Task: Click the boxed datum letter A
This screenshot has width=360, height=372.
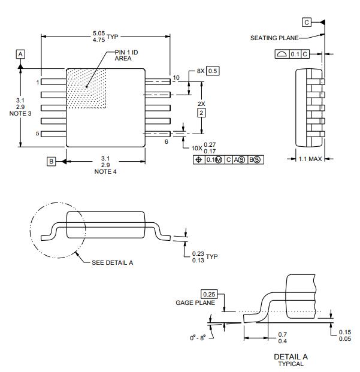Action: (x=20, y=54)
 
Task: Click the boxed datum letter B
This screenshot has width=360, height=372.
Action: (x=52, y=162)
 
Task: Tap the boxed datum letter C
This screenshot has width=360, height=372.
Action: (x=307, y=22)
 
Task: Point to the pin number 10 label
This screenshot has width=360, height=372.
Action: (x=176, y=78)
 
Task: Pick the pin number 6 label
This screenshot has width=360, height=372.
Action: (x=167, y=141)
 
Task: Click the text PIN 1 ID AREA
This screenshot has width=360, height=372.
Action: (x=127, y=56)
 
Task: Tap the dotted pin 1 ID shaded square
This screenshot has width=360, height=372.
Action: (x=86, y=89)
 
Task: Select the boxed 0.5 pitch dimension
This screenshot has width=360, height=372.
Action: (x=213, y=71)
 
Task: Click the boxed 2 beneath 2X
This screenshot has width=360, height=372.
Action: (x=201, y=113)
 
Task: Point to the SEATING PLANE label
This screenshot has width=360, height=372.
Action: (x=273, y=38)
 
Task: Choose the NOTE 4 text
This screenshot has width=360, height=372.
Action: (x=105, y=172)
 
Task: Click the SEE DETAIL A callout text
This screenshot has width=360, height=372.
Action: (x=113, y=262)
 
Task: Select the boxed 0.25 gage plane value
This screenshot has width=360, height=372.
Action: (x=209, y=294)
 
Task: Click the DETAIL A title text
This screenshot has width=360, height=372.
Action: (x=291, y=356)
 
